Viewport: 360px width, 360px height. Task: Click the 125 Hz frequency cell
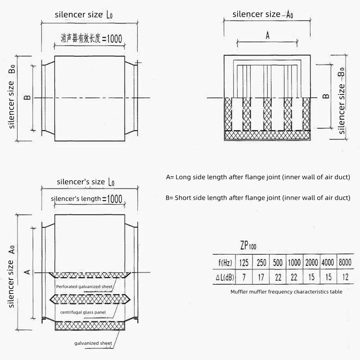click(x=243, y=262)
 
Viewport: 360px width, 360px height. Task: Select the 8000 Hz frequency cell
click(x=345, y=262)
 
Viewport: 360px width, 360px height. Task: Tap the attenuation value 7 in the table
click(x=243, y=277)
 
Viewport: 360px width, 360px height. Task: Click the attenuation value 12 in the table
click(x=345, y=277)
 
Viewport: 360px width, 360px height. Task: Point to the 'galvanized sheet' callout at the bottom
click(x=93, y=343)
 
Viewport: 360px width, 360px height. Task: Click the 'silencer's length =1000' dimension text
click(x=87, y=198)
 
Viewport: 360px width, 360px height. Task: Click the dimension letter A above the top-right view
click(x=267, y=36)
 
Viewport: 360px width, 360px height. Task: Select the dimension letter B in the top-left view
click(x=27, y=98)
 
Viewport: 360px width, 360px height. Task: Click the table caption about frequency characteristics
click(x=286, y=292)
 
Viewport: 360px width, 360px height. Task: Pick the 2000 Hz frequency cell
click(x=311, y=262)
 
